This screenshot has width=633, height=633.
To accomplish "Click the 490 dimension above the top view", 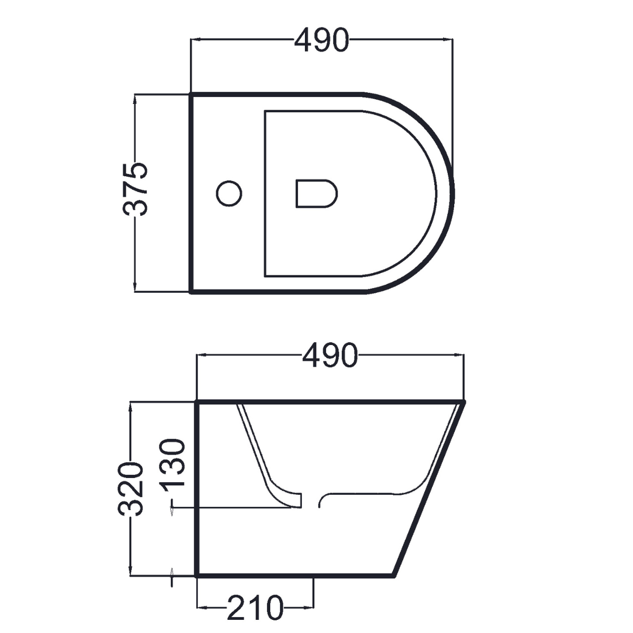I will pos(321,41).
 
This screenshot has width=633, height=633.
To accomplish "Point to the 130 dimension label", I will pos(174,464).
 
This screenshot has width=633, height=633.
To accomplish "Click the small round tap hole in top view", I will pos(229,193).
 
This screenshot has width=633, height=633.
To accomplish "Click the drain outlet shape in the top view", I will pos(315,193).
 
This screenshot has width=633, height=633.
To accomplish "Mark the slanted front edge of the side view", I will pos(430,488).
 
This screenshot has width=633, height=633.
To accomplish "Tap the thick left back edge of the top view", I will pos(190,193).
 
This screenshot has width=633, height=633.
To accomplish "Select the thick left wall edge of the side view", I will pos(197,488).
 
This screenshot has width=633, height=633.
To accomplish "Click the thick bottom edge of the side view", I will pos(295,575).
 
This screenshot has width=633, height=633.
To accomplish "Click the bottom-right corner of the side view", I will pos(395,574).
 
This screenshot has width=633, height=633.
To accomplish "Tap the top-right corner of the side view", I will pos(464,402).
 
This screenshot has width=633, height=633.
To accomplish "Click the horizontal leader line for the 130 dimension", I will pos(232,508).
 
